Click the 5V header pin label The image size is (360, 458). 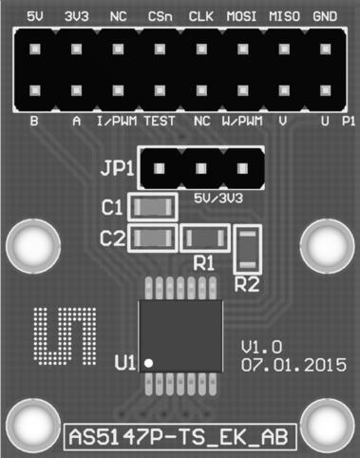pyautogui.click(x=36, y=17)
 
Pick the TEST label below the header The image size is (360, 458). pyautogui.click(x=159, y=123)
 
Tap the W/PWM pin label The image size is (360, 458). pyautogui.click(x=241, y=123)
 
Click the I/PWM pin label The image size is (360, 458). pyautogui.click(x=118, y=123)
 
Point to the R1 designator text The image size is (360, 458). pyautogui.click(x=202, y=260)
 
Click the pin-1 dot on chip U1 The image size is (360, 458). pyautogui.click(x=148, y=361)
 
